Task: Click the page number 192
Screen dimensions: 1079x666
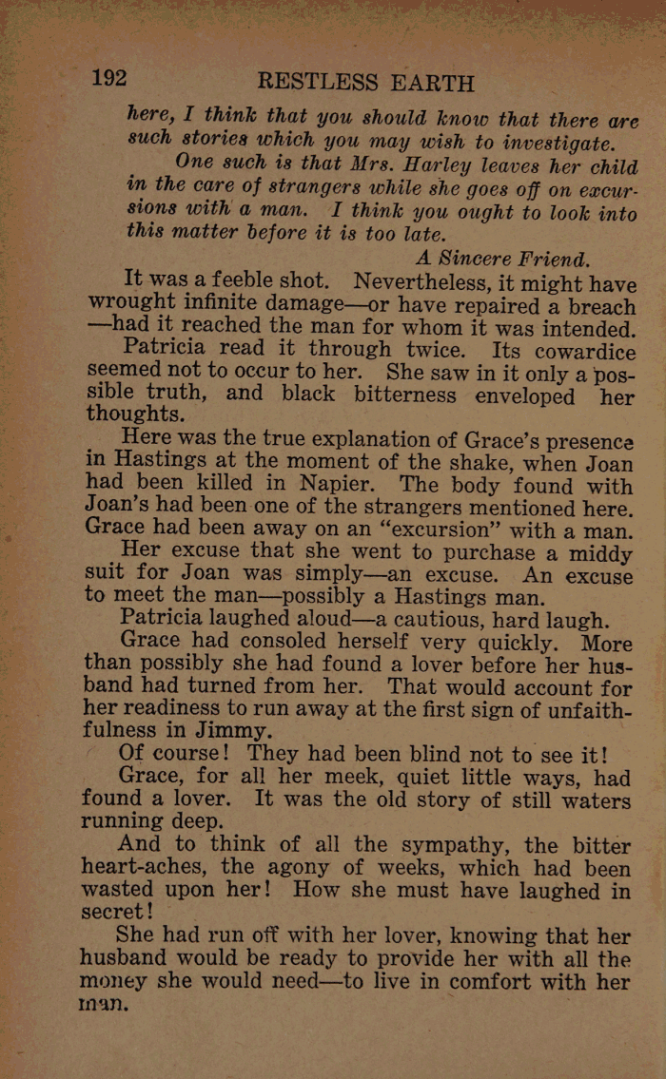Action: (108, 79)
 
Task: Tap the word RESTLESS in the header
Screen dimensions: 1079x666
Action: (317, 82)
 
